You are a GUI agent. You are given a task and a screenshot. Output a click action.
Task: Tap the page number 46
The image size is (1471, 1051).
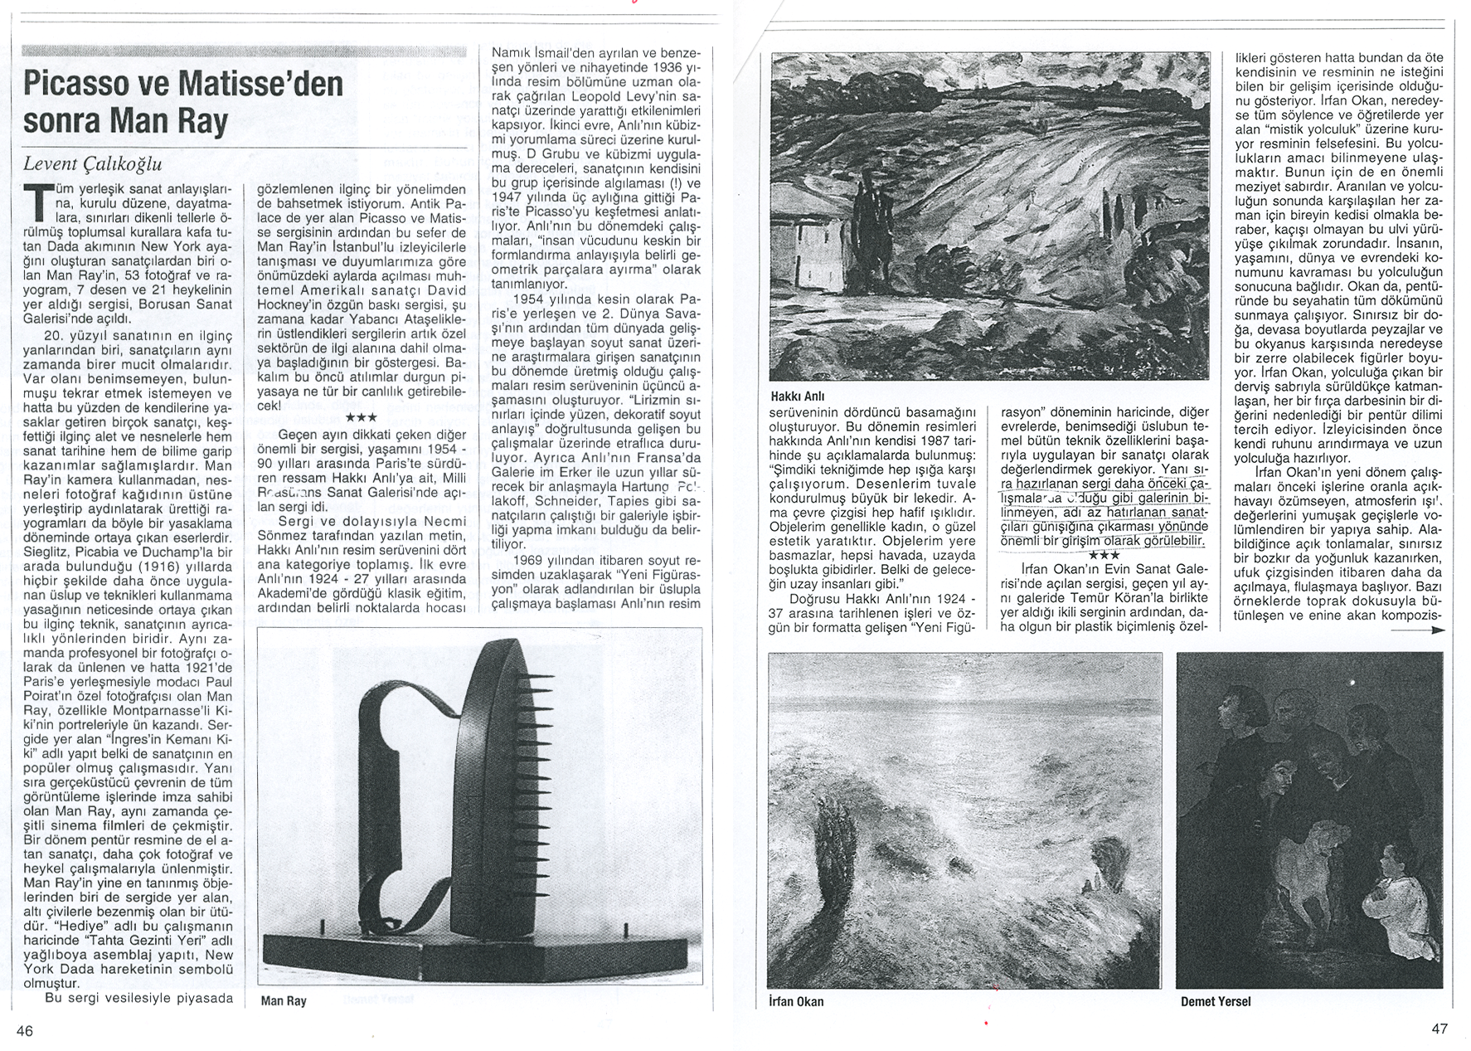point(24,1030)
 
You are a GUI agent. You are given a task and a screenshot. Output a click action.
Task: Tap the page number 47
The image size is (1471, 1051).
point(1439,1029)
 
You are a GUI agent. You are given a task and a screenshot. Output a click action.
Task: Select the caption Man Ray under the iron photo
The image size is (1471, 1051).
point(284,1000)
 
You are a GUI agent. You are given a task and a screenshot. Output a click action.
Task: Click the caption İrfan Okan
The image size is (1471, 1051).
point(796,1001)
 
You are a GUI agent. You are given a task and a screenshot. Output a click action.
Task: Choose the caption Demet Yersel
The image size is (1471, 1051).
point(1216,1001)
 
